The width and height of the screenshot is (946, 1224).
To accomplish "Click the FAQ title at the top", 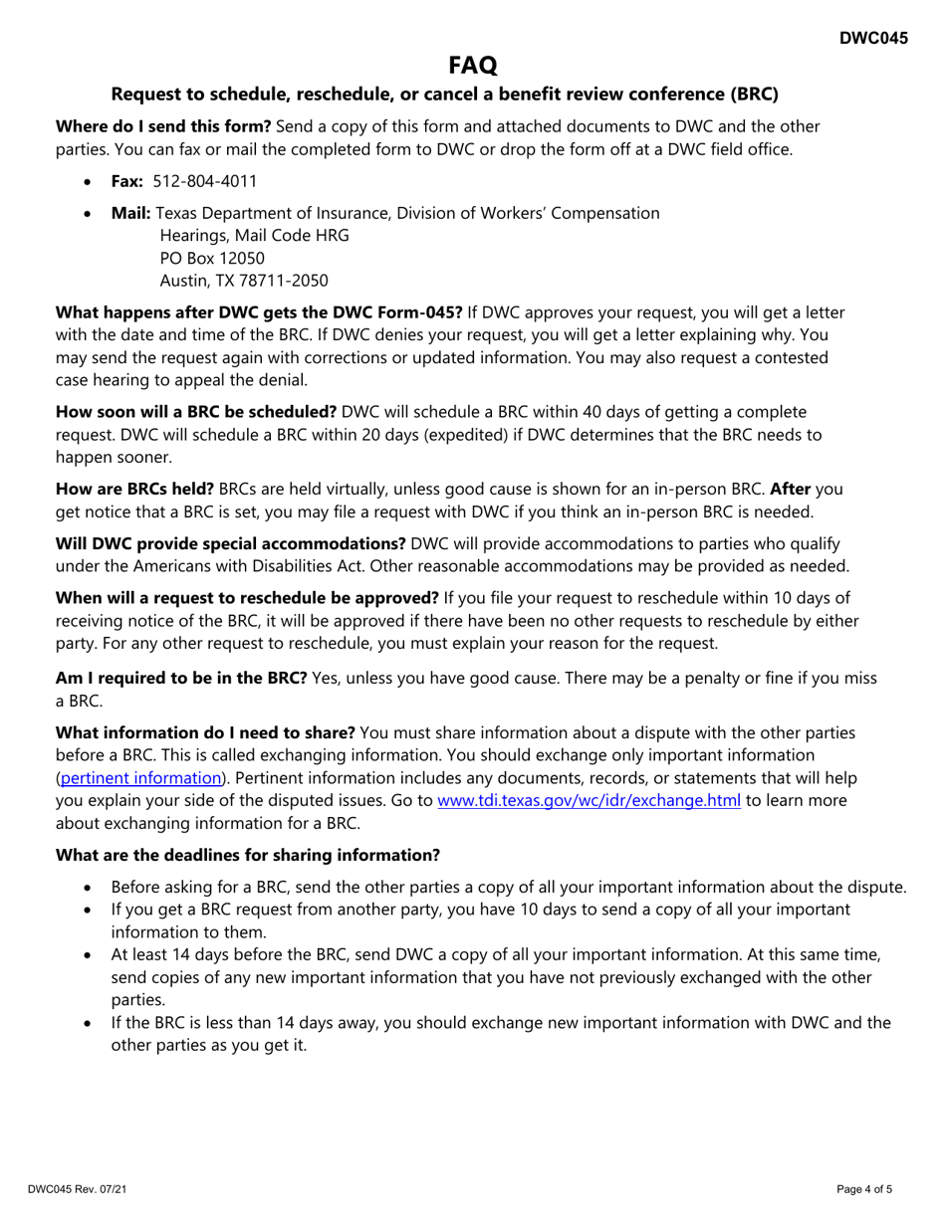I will coord(472,66).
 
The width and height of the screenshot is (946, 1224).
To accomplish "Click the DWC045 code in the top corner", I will coord(872,39).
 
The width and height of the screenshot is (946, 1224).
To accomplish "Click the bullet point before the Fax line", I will coord(91,182).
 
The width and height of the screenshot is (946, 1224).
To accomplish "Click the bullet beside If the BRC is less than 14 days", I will coord(91,1024).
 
